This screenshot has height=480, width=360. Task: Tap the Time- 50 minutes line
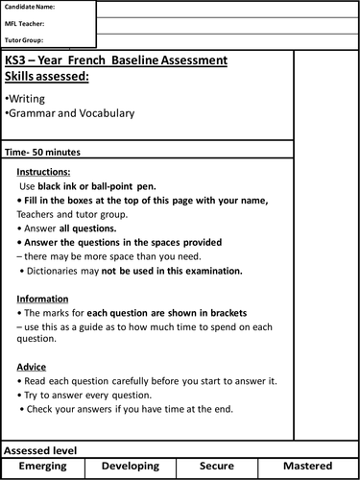point(43,153)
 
